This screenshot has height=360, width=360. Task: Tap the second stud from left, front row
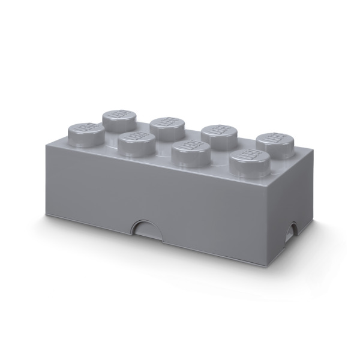tap(133, 142)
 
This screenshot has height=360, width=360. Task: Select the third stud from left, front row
tap(187, 152)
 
